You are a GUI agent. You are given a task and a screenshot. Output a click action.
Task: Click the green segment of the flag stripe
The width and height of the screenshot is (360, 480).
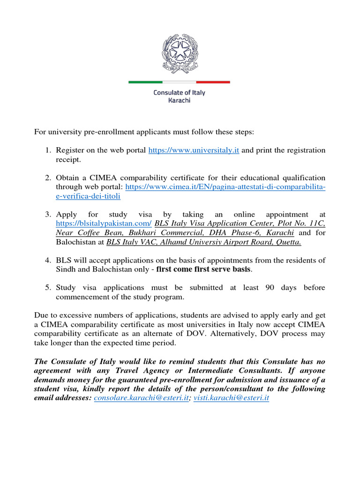[x=145, y=82]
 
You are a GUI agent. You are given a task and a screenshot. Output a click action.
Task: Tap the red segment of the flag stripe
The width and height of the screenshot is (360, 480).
[x=213, y=82]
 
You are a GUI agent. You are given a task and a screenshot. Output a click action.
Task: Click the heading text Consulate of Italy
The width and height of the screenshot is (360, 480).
[x=180, y=92]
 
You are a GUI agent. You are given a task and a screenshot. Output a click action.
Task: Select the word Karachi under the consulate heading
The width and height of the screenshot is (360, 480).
[x=180, y=100]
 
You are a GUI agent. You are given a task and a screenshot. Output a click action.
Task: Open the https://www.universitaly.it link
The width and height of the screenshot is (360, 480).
[x=194, y=150]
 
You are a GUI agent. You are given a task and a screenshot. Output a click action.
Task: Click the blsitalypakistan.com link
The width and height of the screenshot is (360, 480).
[x=104, y=223]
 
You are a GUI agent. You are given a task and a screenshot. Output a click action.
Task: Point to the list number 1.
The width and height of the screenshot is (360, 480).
[x=48, y=150]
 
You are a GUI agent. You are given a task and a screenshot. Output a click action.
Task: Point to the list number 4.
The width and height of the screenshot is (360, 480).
[x=48, y=260]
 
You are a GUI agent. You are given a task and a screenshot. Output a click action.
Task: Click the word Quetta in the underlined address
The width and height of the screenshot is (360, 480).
[x=288, y=242]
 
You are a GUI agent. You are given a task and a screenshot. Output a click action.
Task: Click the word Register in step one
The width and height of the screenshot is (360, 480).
[x=70, y=150]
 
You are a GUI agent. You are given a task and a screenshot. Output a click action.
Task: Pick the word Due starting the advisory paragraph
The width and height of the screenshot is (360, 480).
[x=42, y=315]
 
